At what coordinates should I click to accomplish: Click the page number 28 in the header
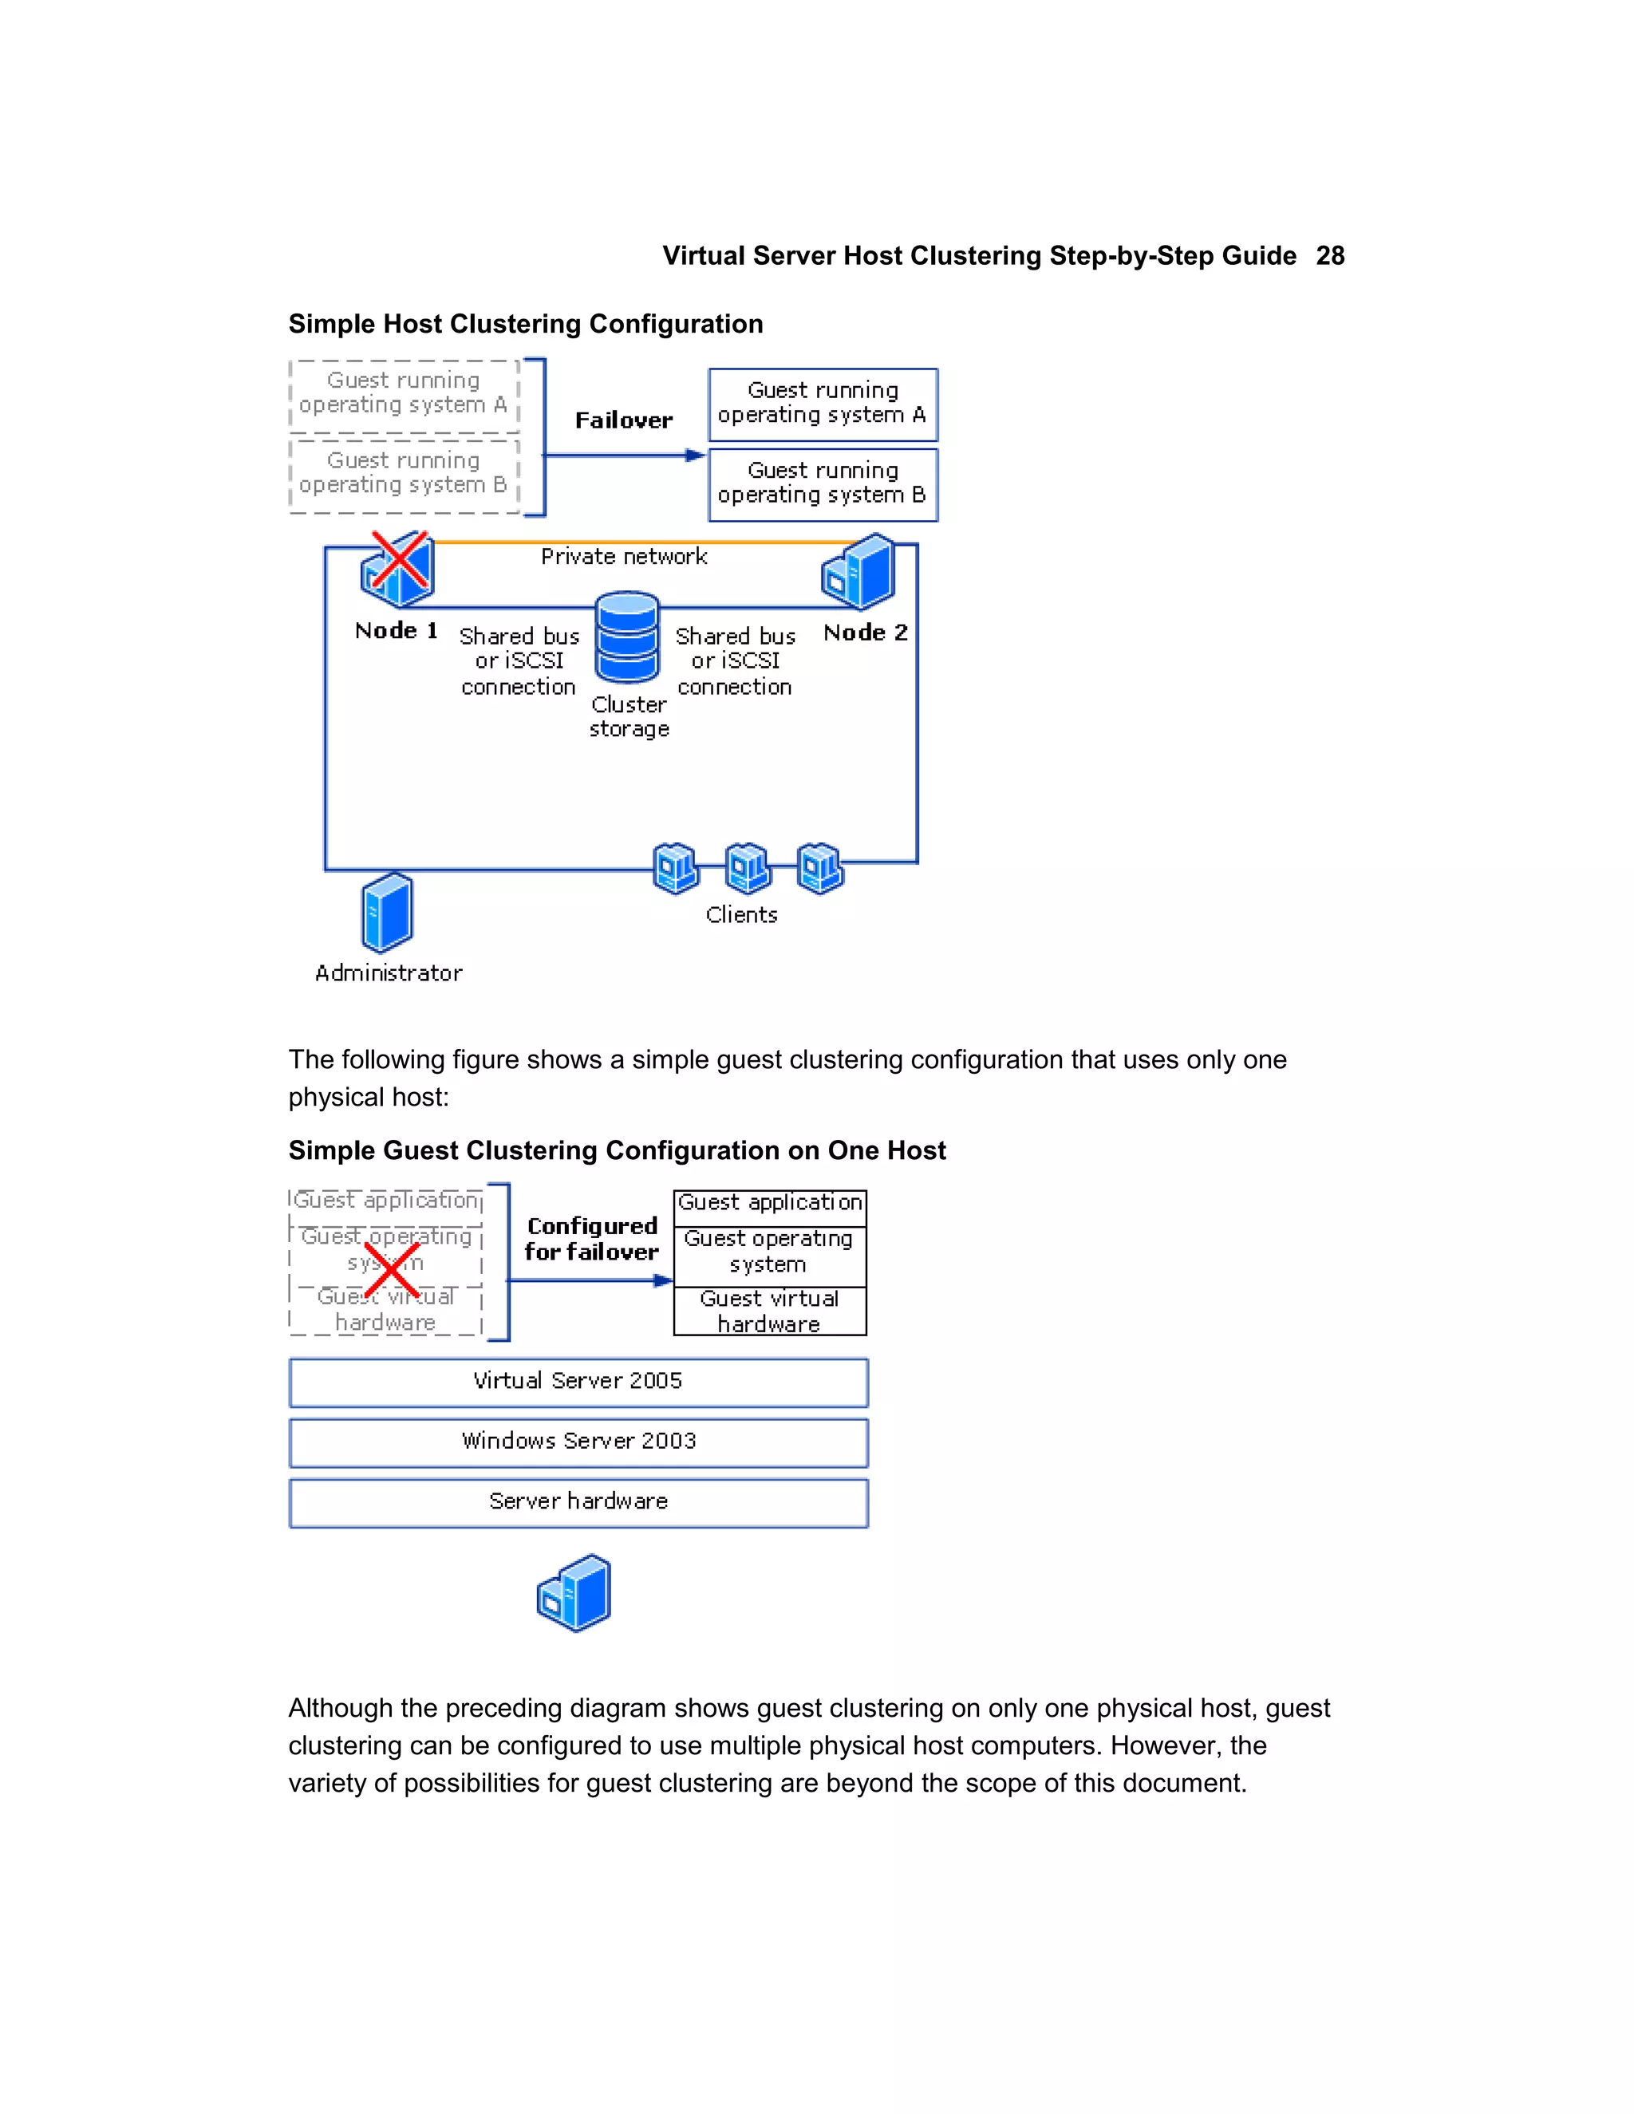pyautogui.click(x=1329, y=255)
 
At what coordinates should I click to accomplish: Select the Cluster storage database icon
pyautogui.click(x=627, y=638)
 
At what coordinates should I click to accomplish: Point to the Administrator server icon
pyautogui.click(x=387, y=913)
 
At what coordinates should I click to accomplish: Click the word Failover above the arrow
pyautogui.click(x=623, y=420)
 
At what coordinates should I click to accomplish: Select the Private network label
pyautogui.click(x=623, y=557)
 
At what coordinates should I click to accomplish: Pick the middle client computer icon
pyautogui.click(x=748, y=867)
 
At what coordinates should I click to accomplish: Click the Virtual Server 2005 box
pyautogui.click(x=578, y=1381)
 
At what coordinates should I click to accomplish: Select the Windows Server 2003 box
pyautogui.click(x=578, y=1442)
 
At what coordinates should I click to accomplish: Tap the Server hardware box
pyautogui.click(x=578, y=1501)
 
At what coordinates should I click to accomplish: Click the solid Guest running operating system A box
pyautogui.click(x=823, y=404)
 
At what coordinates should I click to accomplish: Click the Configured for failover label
pyautogui.click(x=591, y=1239)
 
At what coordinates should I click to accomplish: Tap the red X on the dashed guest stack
pyautogui.click(x=391, y=1270)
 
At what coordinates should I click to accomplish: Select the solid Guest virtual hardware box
pyautogui.click(x=770, y=1311)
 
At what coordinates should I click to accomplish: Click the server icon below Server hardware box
pyautogui.click(x=575, y=1593)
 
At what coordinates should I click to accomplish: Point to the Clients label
pyautogui.click(x=741, y=915)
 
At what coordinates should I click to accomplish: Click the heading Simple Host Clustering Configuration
pyautogui.click(x=526, y=323)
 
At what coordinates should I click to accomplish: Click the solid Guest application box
pyautogui.click(x=770, y=1203)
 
